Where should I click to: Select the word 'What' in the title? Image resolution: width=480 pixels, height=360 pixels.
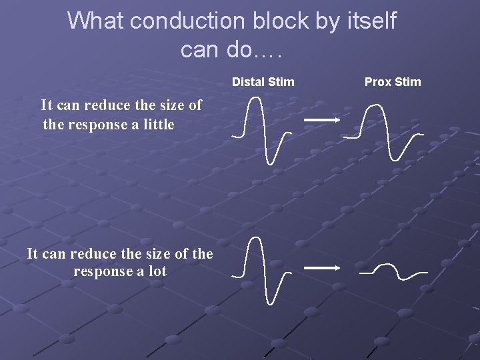click(x=95, y=21)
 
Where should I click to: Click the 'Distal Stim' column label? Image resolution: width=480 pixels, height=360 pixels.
click(x=263, y=82)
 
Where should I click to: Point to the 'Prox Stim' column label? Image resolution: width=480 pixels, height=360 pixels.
click(x=393, y=82)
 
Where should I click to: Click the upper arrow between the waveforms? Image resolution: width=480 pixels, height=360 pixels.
click(x=322, y=120)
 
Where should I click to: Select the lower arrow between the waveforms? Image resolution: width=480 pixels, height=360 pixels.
click(x=322, y=267)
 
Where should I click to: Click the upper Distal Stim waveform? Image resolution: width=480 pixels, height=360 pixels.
click(x=262, y=130)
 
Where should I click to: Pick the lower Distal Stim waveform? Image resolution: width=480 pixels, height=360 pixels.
click(x=262, y=270)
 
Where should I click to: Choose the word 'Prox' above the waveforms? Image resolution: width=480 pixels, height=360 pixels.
click(x=378, y=82)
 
